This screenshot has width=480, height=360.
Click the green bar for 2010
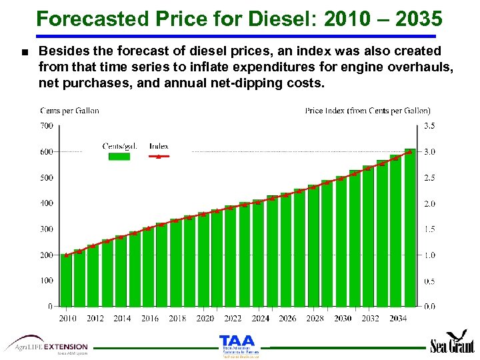[66, 280]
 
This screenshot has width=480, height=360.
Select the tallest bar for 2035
[410, 227]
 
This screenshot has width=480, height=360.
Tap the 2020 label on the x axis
[205, 319]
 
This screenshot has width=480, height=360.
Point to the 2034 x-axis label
[397, 319]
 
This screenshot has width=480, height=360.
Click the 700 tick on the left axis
[46, 125]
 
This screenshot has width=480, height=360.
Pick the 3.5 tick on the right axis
[430, 125]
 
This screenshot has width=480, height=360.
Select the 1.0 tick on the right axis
[430, 255]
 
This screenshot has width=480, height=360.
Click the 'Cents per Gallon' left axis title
[69, 111]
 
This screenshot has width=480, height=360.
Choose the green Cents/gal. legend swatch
[119, 156]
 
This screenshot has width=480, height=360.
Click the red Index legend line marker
[159, 156]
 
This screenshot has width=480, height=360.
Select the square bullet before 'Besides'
[24, 51]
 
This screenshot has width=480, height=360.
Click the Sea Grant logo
[453, 343]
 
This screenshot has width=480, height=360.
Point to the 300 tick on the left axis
[46, 229]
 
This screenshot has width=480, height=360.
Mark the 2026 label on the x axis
[287, 319]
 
